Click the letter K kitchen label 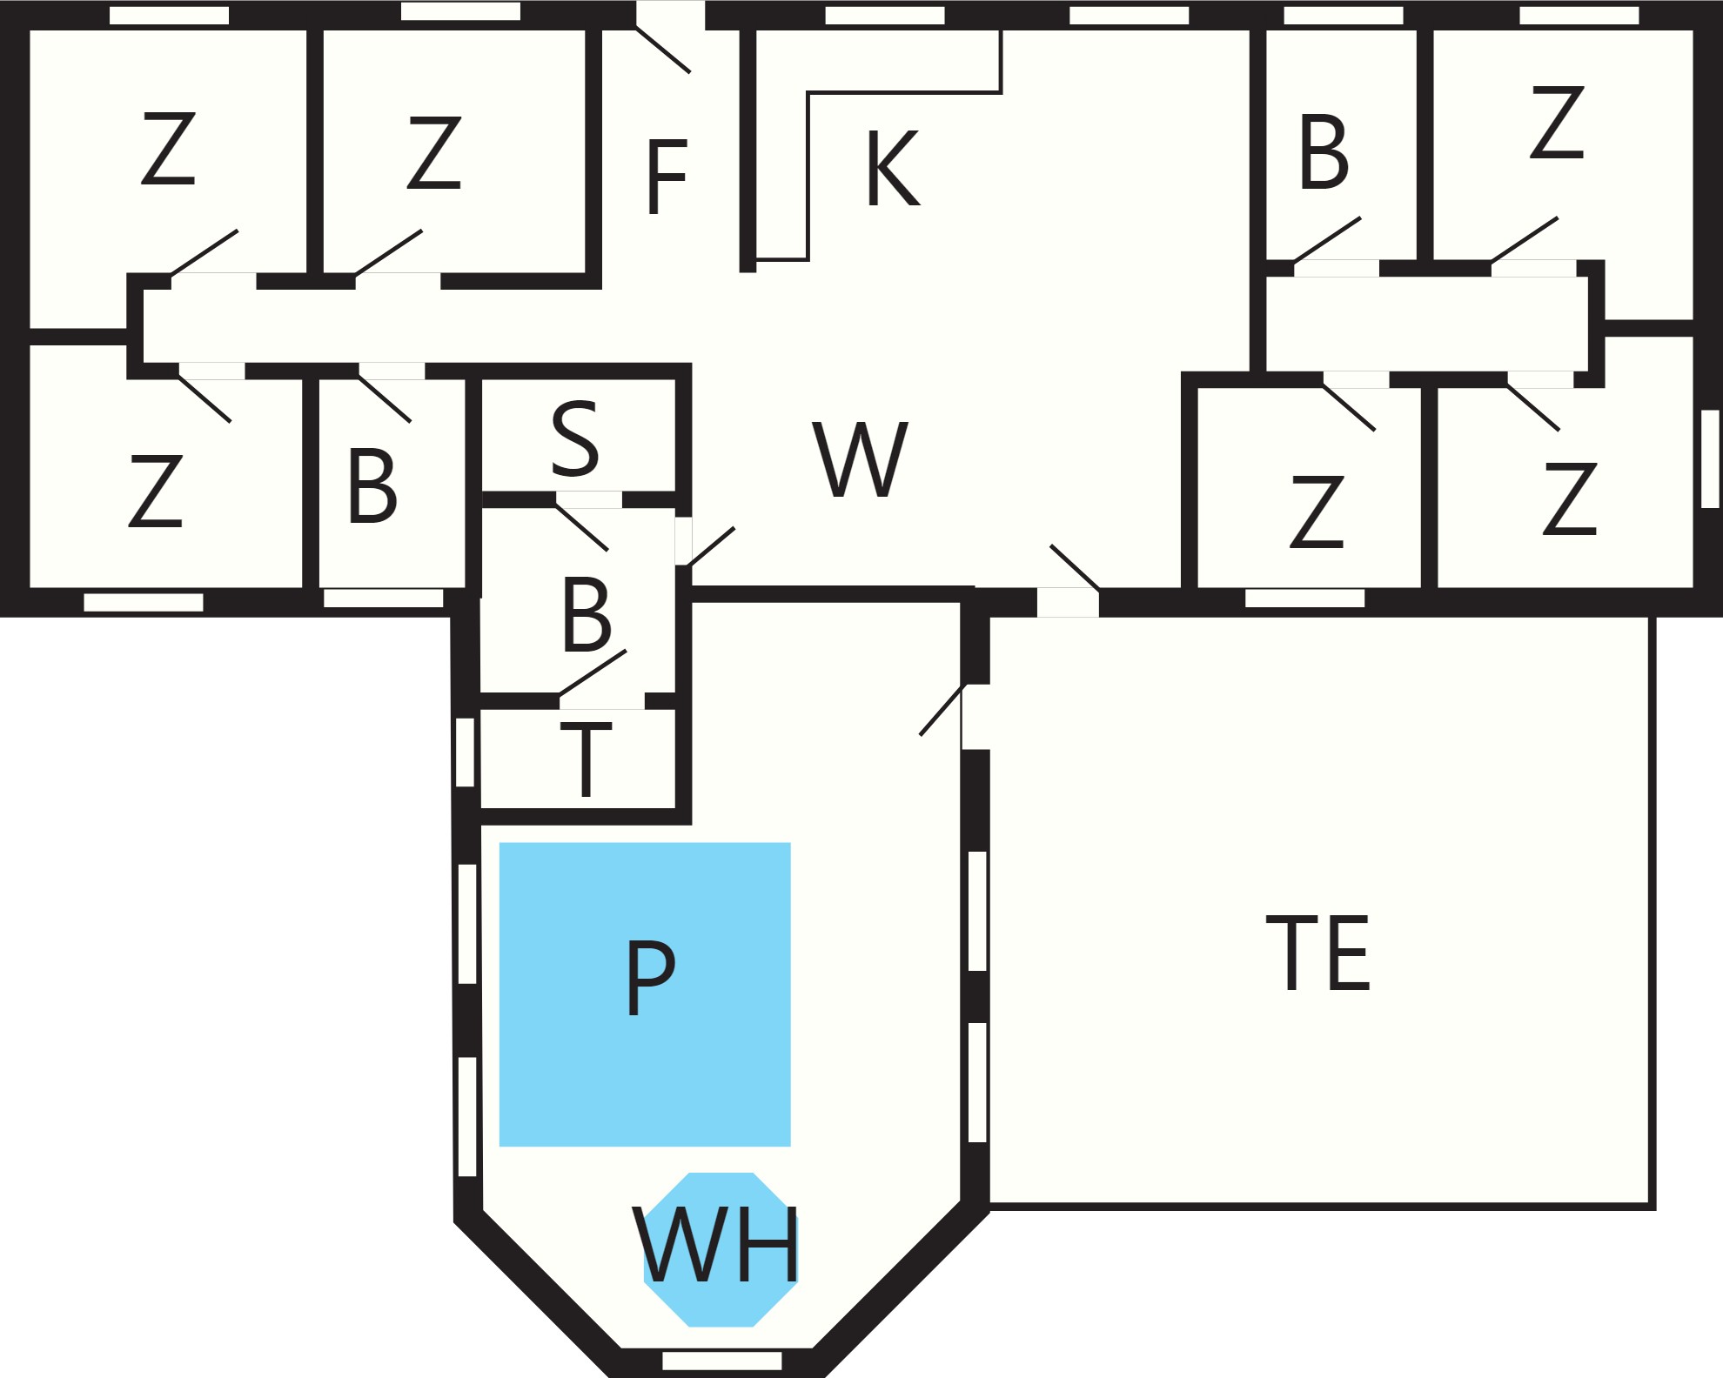click(x=893, y=169)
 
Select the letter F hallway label click(x=667, y=177)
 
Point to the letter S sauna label click(x=575, y=438)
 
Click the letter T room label click(x=586, y=759)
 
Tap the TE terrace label click(x=1317, y=953)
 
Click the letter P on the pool click(x=650, y=977)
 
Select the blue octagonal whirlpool click(x=721, y=1249)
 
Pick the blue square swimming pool click(x=645, y=994)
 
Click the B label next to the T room click(x=587, y=614)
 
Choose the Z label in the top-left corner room click(x=168, y=148)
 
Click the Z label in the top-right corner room click(x=1557, y=122)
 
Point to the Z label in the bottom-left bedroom click(x=156, y=491)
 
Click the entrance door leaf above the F click(x=663, y=50)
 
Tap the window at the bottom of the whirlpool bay click(x=722, y=1361)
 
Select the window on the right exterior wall click(x=1710, y=458)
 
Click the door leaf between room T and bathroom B click(x=593, y=673)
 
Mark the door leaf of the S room click(x=581, y=527)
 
